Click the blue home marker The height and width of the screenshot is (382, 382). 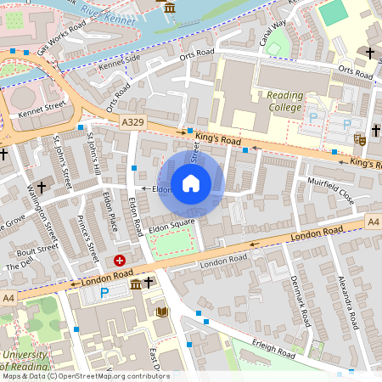191,183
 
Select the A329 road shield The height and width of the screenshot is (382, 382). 132,123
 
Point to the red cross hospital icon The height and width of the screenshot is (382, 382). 120,261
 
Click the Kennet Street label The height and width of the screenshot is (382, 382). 42,109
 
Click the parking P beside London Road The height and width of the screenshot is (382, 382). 104,292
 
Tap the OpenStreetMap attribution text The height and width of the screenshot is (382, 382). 85,376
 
